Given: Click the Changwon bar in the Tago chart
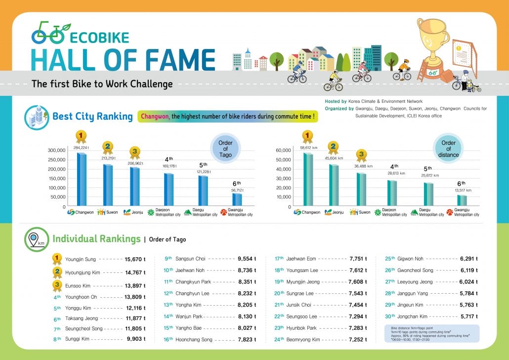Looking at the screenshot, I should pos(82,179).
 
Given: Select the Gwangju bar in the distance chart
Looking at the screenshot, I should pos(462,200).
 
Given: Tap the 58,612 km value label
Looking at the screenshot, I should pos(308,147).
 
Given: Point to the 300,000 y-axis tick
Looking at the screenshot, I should pos(56,150).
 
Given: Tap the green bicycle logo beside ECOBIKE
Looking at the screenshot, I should pos(48,33).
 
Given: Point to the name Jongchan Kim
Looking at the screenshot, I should pos(412,316).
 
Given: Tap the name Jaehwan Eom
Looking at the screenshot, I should pos(300,259).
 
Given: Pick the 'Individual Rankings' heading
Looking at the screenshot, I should pos(96,239).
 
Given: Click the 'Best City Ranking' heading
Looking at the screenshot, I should pos(92,117).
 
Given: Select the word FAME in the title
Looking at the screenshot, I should pos(179,59).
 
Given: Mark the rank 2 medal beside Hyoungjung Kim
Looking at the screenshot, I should pos(57,271).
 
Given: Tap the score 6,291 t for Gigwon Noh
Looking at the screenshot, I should pos(469,259).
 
